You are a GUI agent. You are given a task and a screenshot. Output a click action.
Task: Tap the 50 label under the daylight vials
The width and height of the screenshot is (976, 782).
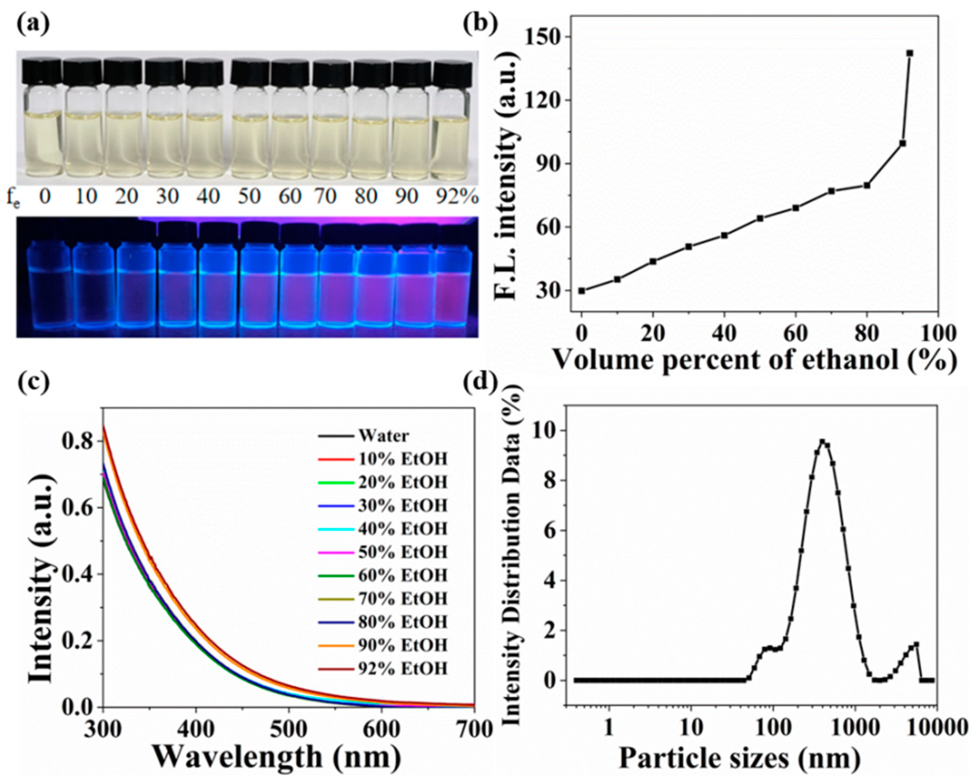click(x=249, y=197)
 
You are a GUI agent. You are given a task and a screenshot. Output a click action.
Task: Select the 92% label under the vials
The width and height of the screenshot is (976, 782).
click(x=457, y=197)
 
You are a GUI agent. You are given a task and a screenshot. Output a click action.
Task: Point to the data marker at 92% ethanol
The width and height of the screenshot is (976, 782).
click(x=910, y=53)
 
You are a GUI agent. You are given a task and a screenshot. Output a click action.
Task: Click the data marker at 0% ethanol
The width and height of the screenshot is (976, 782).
click(x=582, y=291)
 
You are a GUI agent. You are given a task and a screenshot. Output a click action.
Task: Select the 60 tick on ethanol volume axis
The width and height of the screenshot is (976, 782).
click(x=796, y=334)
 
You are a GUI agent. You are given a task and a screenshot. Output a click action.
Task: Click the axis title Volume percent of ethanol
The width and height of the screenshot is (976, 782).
click(x=755, y=361)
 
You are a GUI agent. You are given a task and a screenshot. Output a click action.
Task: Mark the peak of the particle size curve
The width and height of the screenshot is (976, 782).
click(x=823, y=442)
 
